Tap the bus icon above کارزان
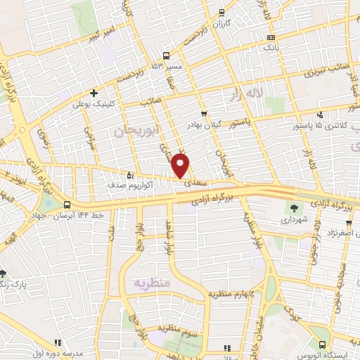click(223, 13)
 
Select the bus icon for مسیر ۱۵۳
click(167, 56)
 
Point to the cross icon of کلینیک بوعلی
click(94, 93)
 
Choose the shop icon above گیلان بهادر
click(204, 113)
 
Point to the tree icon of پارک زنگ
click(4, 273)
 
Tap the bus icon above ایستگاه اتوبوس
click(321, 345)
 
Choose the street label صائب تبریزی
click(324, 72)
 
